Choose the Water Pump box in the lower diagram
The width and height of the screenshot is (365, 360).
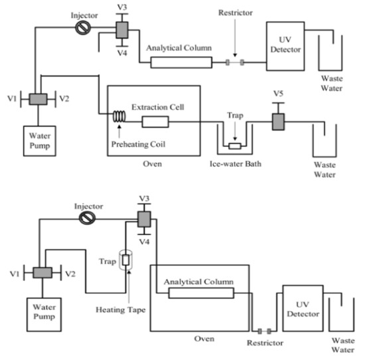(x=44, y=318)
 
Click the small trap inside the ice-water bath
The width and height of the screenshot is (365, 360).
(x=234, y=145)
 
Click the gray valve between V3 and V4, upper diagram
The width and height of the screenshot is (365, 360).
(x=122, y=30)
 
